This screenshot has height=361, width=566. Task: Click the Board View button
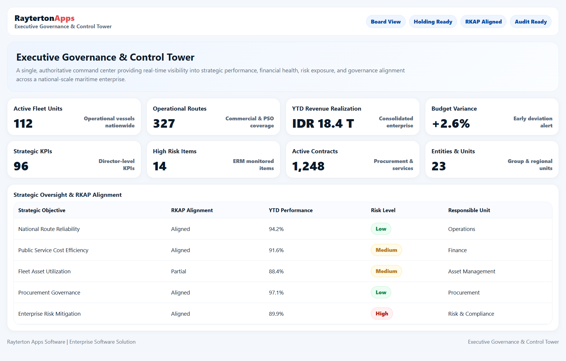pyautogui.click(x=386, y=22)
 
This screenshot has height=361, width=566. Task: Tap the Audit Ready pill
pyautogui.click(x=531, y=22)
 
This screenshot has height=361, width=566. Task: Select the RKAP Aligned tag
pyautogui.click(x=483, y=22)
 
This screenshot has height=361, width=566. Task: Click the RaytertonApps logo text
pyautogui.click(x=45, y=18)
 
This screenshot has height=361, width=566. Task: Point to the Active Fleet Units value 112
pyautogui.click(x=23, y=124)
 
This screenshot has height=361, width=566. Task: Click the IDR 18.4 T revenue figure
pyautogui.click(x=323, y=124)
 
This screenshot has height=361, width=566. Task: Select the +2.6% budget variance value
pyautogui.click(x=451, y=124)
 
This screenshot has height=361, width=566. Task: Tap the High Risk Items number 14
pyautogui.click(x=160, y=166)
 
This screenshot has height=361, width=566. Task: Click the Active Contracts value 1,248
pyautogui.click(x=308, y=166)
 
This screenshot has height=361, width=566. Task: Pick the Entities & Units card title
pyautogui.click(x=453, y=151)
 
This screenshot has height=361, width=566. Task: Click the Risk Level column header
pyautogui.click(x=383, y=210)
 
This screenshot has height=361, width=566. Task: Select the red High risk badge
pyautogui.click(x=382, y=314)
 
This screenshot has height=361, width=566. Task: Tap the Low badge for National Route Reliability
pyautogui.click(x=381, y=229)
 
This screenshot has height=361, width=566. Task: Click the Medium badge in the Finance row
pyautogui.click(x=386, y=250)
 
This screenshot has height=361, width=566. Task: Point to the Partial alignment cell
pyautogui.click(x=179, y=271)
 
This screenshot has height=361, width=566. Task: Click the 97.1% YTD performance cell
pyautogui.click(x=276, y=292)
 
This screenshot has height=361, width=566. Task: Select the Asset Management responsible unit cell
pyautogui.click(x=472, y=271)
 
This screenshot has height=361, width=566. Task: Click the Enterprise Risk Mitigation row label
pyautogui.click(x=50, y=314)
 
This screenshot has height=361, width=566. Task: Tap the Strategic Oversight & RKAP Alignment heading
pyautogui.click(x=68, y=195)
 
